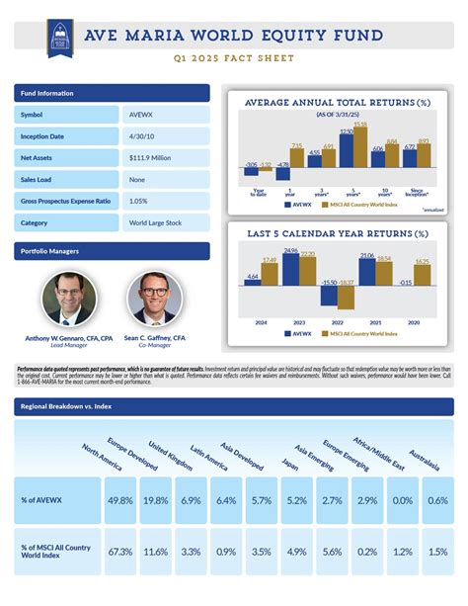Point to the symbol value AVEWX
pyautogui.click(x=140, y=115)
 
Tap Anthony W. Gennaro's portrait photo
pyautogui.click(x=70, y=298)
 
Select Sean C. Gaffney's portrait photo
pyautogui.click(x=155, y=298)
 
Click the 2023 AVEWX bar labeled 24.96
pyautogui.click(x=290, y=270)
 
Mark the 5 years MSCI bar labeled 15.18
pyautogui.click(x=360, y=146)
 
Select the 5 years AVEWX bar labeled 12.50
pyautogui.click(x=347, y=150)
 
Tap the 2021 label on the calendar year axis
pyautogui.click(x=374, y=322)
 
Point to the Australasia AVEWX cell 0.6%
pyautogui.click(x=438, y=500)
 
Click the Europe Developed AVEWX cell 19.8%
pyautogui.click(x=156, y=500)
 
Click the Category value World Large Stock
pyautogui.click(x=155, y=222)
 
